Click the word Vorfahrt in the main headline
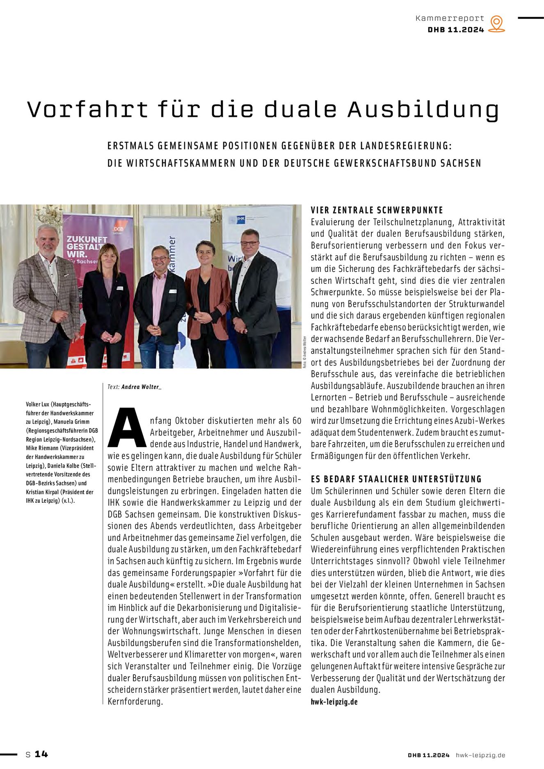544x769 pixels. [x=87, y=110]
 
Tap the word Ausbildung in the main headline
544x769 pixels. [x=423, y=110]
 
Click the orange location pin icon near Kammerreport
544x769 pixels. [x=496, y=23]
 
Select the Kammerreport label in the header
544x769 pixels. [x=450, y=18]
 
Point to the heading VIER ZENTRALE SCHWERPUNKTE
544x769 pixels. [x=377, y=210]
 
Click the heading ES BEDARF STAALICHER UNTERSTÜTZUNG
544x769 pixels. [x=396, y=479]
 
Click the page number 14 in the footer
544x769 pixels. [x=41, y=754]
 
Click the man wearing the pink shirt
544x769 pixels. [x=159, y=303]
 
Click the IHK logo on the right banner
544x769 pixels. [x=241, y=219]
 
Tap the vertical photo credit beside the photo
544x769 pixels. [x=305, y=352]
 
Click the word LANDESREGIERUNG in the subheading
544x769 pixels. [x=406, y=146]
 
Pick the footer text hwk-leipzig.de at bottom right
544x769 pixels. [x=480, y=755]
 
